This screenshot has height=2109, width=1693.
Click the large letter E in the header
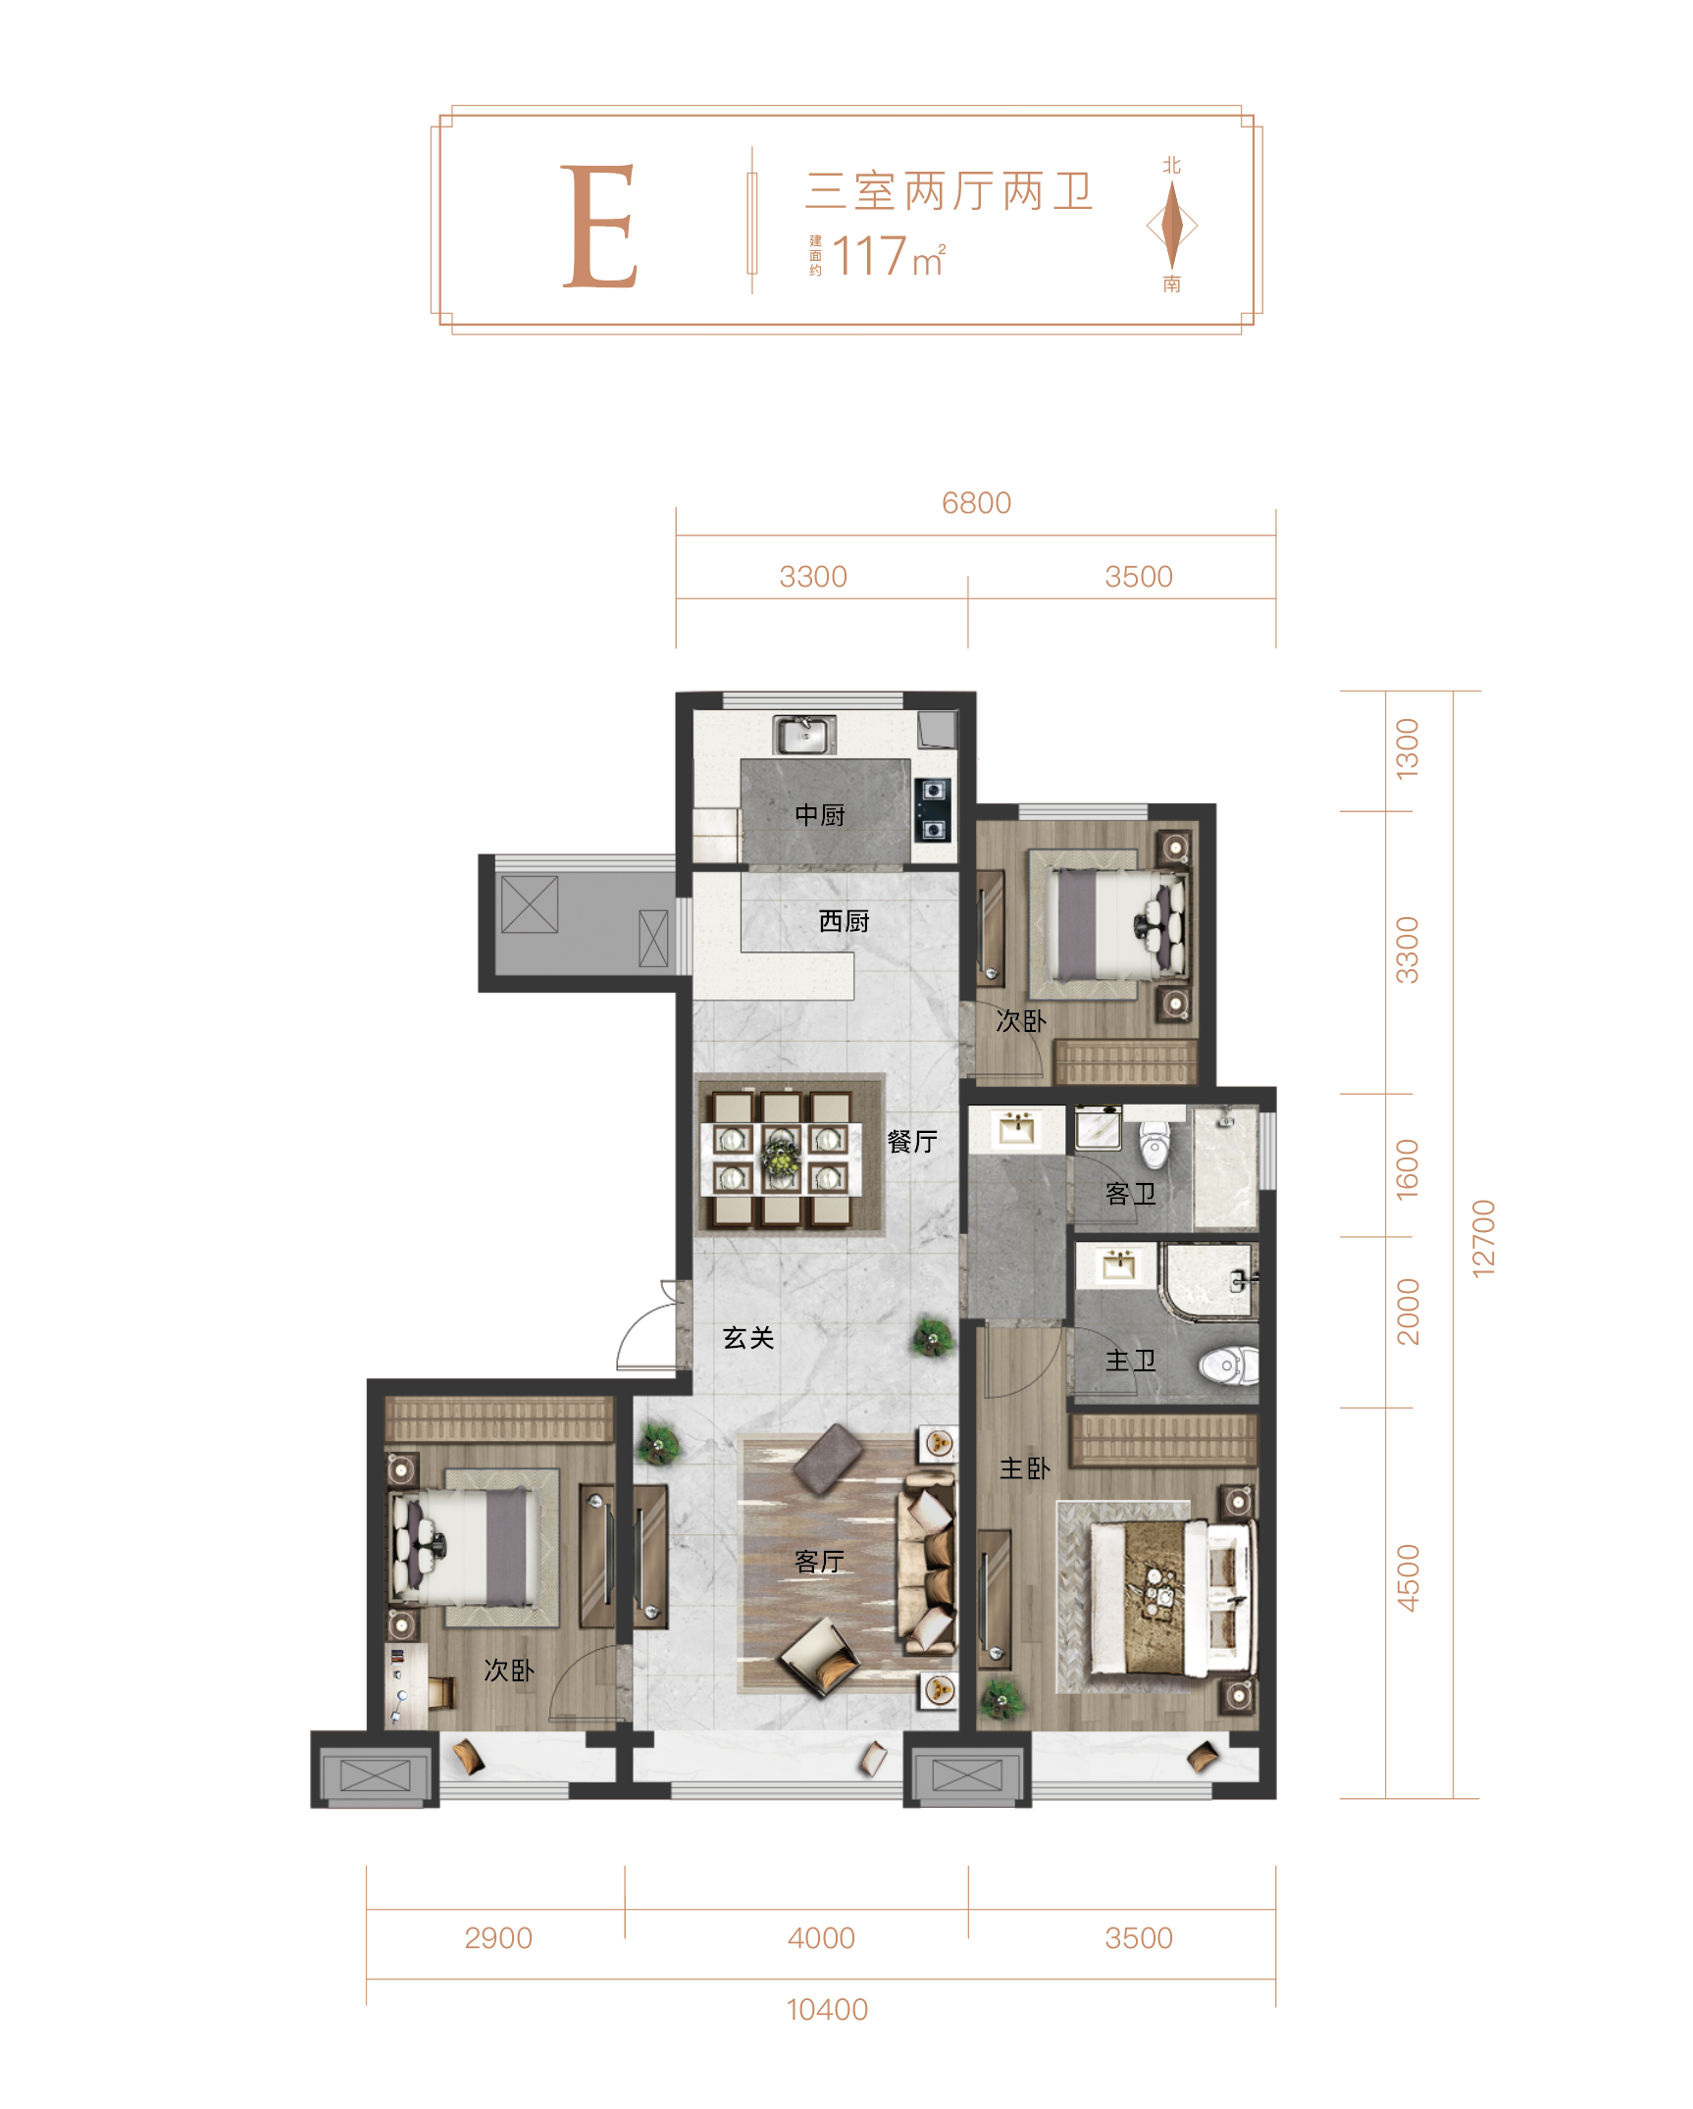pos(599,227)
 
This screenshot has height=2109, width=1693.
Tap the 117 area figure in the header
pos(869,256)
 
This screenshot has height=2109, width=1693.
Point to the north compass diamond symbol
pos(1172,225)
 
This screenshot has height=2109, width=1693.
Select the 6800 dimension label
pos(976,503)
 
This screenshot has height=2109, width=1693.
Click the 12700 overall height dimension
pos(1483,1238)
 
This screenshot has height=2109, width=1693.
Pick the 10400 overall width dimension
pos(827,2010)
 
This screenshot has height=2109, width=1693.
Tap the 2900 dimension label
pos(498,1938)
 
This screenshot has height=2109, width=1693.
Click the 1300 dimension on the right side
pos(1408,748)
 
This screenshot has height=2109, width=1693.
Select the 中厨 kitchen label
pos(820,814)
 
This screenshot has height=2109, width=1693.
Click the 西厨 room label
pos(844,921)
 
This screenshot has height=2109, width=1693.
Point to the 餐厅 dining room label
pos(912,1141)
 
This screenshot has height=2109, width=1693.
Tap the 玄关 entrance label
pos(748,1338)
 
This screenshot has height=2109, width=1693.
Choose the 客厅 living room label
pos(820,1562)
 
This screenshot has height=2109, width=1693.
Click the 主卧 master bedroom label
pos(1025,1468)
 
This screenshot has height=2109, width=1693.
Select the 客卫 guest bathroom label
pos(1131,1194)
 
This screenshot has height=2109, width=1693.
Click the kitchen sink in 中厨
pos(804,734)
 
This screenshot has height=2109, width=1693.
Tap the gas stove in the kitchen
pos(933,810)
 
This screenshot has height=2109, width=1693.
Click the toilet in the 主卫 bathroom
pos(1229,1364)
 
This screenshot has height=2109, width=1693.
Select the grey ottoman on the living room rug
pos(828,1459)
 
